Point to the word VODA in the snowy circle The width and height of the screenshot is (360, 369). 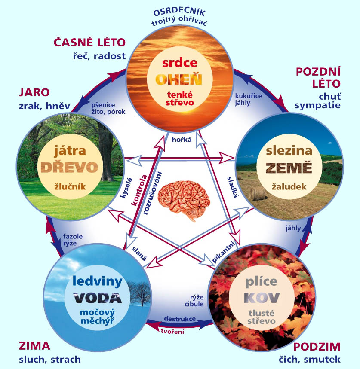coord(97,298)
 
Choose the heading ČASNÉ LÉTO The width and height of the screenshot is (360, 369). coord(89,42)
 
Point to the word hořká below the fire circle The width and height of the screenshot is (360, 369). coord(178,140)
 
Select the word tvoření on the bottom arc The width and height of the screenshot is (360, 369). coord(172,331)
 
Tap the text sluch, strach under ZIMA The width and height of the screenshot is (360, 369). coord(49,359)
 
